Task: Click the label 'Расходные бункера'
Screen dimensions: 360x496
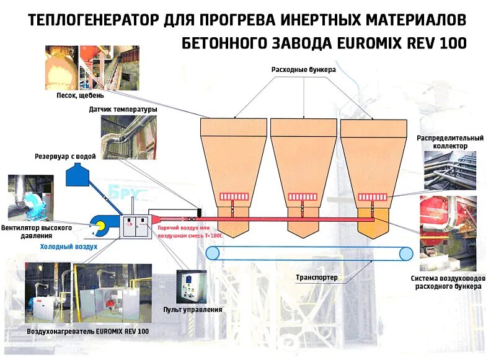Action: coord(303,70)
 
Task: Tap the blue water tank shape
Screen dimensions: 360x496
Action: coord(79,173)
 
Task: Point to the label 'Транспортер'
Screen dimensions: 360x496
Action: coord(317,277)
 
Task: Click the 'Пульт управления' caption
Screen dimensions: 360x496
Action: coord(193,309)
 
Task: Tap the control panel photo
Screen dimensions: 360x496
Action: coord(192,286)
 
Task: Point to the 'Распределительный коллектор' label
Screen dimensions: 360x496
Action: coord(442,141)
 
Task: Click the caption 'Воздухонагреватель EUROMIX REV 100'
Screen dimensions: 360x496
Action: coord(88,331)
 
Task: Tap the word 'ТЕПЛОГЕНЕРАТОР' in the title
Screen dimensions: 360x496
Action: coord(94,20)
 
